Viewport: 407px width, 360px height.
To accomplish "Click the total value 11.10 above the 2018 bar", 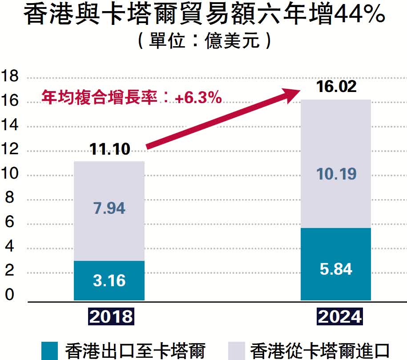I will [110, 149].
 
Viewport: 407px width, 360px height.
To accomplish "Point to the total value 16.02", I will [336, 86].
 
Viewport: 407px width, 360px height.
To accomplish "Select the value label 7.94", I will [109, 208].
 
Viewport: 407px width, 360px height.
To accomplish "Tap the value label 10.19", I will [336, 174].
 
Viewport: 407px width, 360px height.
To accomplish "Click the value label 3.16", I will [109, 280].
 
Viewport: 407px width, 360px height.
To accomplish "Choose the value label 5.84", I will [336, 269].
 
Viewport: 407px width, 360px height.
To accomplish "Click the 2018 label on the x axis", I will [111, 316].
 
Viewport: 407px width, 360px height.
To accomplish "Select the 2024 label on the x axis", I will [339, 316].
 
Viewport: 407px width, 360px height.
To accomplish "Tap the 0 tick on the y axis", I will [10, 295].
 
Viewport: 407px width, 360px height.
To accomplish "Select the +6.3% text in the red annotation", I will [198, 98].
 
